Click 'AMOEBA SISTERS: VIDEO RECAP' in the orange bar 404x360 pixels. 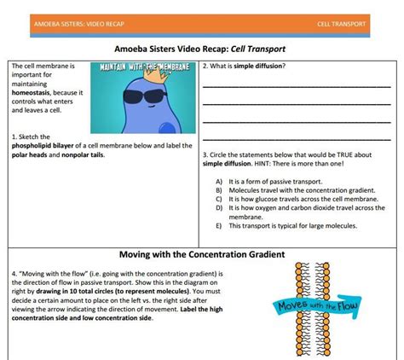[74, 23]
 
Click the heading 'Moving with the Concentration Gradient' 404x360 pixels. [201, 254]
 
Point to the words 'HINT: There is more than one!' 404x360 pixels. [305, 163]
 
